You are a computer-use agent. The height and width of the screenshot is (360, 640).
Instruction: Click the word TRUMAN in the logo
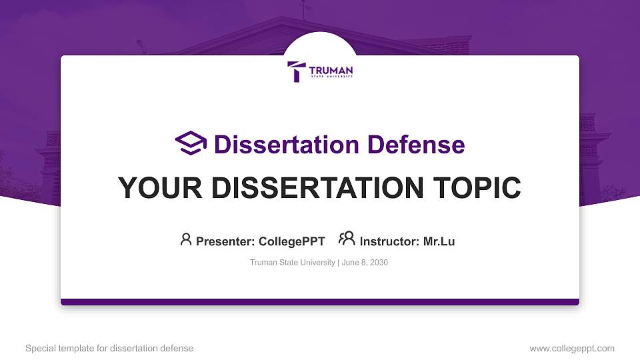point(331,70)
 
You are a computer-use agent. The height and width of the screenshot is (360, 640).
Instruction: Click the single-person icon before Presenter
point(186,239)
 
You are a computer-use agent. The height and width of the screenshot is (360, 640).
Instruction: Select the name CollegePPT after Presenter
point(291,241)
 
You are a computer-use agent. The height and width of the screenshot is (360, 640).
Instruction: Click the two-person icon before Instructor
point(347,239)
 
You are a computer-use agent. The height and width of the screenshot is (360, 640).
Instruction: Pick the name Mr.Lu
point(439,241)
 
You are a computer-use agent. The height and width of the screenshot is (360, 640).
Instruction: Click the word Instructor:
point(390,241)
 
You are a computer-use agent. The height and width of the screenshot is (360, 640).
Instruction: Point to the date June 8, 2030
point(366,263)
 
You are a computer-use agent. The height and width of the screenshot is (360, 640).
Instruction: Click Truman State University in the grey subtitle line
point(293,263)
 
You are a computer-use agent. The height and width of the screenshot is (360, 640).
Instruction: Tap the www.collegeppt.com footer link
point(572,348)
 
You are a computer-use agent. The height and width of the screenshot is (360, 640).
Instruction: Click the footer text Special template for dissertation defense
point(109,348)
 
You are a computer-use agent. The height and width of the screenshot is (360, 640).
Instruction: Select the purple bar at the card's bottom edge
point(320,302)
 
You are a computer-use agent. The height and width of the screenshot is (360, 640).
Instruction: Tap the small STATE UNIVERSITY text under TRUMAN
point(331,77)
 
